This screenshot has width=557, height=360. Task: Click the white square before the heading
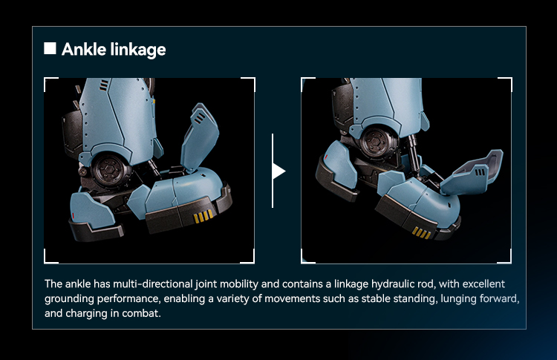50,48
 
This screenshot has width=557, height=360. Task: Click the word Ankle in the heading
84,49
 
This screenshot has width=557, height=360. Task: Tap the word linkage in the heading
138,50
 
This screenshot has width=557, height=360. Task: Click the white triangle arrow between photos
278,171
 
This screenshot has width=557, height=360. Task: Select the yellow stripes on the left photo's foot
203,216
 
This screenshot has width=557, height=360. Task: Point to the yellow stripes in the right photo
422,233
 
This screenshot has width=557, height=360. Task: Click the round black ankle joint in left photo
111,171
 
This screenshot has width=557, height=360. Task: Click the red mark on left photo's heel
74,215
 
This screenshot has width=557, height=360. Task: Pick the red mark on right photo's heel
326,157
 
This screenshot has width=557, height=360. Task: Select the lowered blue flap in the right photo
472,172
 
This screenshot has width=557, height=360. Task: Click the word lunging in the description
459,298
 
